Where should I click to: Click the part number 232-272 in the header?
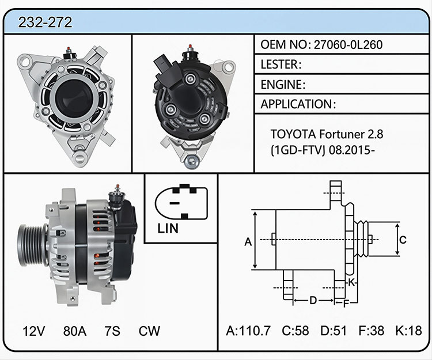click(x=45, y=22)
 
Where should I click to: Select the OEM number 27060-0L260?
click(x=348, y=44)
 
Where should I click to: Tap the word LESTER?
click(x=279, y=65)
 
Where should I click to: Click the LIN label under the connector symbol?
click(x=168, y=228)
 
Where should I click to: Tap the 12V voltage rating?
click(x=33, y=331)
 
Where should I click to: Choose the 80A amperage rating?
click(x=75, y=331)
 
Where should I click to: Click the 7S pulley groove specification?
click(x=112, y=331)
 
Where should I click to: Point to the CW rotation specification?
click(x=149, y=331)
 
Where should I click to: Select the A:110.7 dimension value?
click(x=248, y=331)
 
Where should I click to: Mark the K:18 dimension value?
click(x=408, y=331)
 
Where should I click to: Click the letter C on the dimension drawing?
click(x=403, y=240)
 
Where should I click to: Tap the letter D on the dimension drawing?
click(x=313, y=300)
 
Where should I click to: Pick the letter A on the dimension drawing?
click(x=248, y=242)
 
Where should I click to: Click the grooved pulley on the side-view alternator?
click(x=32, y=245)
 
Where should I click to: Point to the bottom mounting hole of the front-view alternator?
click(x=80, y=158)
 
